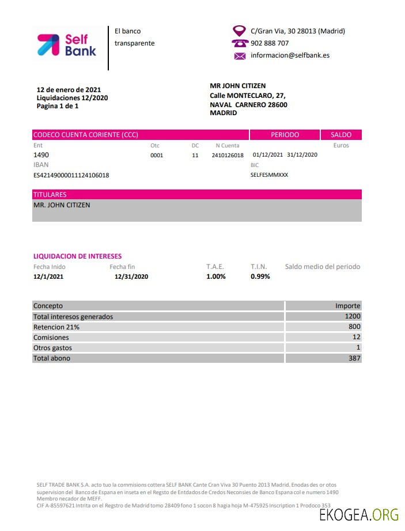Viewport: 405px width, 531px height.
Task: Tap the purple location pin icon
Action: pos(239,31)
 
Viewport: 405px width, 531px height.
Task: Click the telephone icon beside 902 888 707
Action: pos(240,43)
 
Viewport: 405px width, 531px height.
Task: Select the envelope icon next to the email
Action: pos(240,56)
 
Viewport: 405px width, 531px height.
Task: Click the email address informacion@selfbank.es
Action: pos(290,56)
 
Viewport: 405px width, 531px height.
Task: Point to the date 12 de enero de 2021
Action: pos(69,90)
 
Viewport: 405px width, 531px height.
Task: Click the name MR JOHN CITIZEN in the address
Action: pos(237,86)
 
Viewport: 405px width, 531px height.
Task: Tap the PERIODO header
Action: pos(285,135)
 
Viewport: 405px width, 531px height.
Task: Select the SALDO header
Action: pos(341,135)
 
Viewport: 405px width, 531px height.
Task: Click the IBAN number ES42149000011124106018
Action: pos(71,175)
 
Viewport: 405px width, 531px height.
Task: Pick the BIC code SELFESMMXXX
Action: pos(269,175)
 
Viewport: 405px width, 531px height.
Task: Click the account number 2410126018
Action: pos(228,155)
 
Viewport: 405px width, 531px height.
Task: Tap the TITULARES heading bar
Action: pos(197,195)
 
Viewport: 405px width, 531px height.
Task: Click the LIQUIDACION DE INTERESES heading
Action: pos(77,256)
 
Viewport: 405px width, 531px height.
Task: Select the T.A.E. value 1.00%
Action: pos(216,276)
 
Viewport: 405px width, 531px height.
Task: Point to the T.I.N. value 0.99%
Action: pos(260,276)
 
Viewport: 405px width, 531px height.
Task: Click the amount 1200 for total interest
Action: pos(353,316)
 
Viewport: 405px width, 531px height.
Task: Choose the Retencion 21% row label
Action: pos(56,327)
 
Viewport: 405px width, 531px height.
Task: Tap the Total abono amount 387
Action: pos(354,358)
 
